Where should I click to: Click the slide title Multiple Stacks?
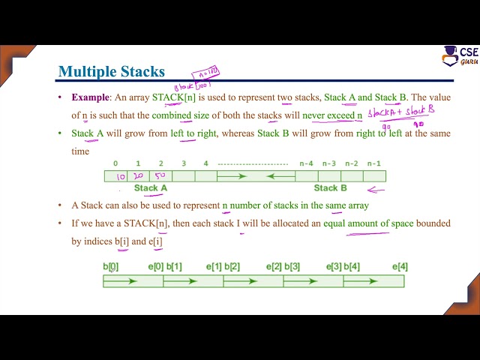click(111, 72)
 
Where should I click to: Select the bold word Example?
click(90, 97)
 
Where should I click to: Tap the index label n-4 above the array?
click(306, 163)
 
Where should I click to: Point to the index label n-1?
click(374, 163)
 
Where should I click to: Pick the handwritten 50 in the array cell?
click(160, 177)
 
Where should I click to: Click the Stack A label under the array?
click(151, 188)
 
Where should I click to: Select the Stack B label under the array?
click(331, 188)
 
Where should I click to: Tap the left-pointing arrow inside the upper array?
click(280, 177)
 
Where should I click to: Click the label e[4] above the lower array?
click(400, 267)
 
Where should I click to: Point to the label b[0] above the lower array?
click(111, 267)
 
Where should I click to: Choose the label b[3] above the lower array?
click(292, 267)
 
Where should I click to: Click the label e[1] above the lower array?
click(214, 267)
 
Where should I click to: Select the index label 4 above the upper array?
click(205, 163)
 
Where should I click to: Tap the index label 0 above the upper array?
click(115, 163)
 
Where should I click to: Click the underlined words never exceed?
click(328, 115)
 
